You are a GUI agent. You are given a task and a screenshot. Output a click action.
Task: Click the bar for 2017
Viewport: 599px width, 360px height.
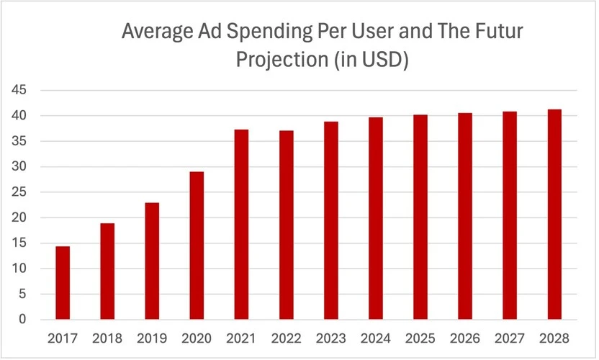(x=63, y=283)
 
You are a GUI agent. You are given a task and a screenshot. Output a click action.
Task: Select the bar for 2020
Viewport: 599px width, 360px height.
(x=197, y=246)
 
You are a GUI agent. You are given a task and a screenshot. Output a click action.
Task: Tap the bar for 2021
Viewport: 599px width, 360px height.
(x=241, y=225)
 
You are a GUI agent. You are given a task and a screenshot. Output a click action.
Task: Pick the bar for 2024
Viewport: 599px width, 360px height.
(x=376, y=218)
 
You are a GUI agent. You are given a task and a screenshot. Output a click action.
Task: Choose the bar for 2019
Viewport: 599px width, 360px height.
(x=152, y=261)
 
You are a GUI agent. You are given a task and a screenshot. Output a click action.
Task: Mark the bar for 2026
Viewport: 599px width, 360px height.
(x=465, y=216)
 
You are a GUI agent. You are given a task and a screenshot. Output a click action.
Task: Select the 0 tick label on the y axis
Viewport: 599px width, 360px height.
(x=22, y=320)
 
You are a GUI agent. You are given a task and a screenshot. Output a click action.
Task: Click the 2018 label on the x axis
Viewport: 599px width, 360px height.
(x=107, y=338)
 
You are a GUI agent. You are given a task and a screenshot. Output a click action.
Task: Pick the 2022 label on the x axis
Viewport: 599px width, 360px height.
(x=286, y=338)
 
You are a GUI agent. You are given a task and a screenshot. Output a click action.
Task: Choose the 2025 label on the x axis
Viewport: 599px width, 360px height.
(x=420, y=338)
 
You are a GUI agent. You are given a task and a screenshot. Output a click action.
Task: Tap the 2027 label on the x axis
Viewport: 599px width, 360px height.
(x=510, y=338)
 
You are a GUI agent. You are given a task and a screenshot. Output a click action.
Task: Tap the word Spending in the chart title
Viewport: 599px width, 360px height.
(x=271, y=32)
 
